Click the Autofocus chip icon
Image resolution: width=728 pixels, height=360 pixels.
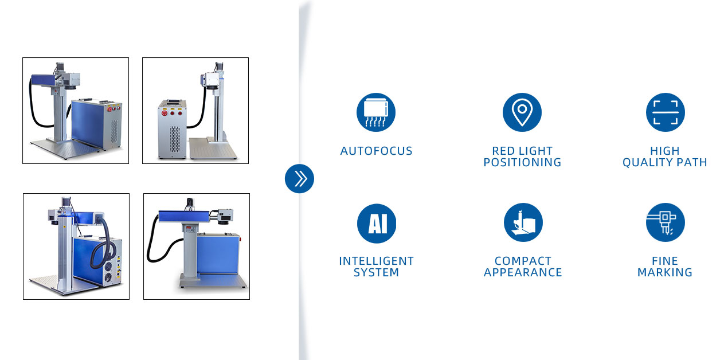376,112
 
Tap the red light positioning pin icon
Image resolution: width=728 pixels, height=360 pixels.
522,112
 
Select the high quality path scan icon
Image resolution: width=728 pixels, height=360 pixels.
666,112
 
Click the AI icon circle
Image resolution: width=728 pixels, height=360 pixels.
377,223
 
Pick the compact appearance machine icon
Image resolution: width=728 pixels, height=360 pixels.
523,222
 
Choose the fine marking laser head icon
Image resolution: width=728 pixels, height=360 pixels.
666,222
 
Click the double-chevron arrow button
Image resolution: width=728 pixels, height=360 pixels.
299,179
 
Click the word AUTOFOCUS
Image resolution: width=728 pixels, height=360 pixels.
377,151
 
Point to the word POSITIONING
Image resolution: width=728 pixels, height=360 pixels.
522,162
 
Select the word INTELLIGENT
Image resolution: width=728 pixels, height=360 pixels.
377,261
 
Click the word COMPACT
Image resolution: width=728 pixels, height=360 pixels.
523,261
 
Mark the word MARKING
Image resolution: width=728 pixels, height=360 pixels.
665,272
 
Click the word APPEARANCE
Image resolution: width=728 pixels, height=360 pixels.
523,272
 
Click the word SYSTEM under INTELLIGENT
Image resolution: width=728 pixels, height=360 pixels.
377,272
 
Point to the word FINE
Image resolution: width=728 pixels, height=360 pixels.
665,261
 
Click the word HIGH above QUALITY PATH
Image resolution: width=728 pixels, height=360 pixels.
665,151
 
